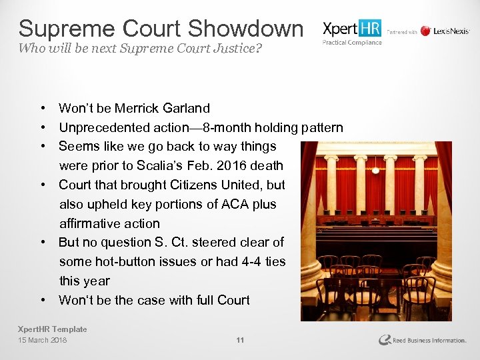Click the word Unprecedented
[x=103, y=127]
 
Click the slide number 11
[x=240, y=340]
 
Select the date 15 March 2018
[x=43, y=340]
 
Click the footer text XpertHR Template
[x=53, y=329]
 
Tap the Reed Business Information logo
[x=422, y=340]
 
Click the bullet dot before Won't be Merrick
[x=42, y=108]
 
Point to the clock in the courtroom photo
[x=376, y=171]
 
